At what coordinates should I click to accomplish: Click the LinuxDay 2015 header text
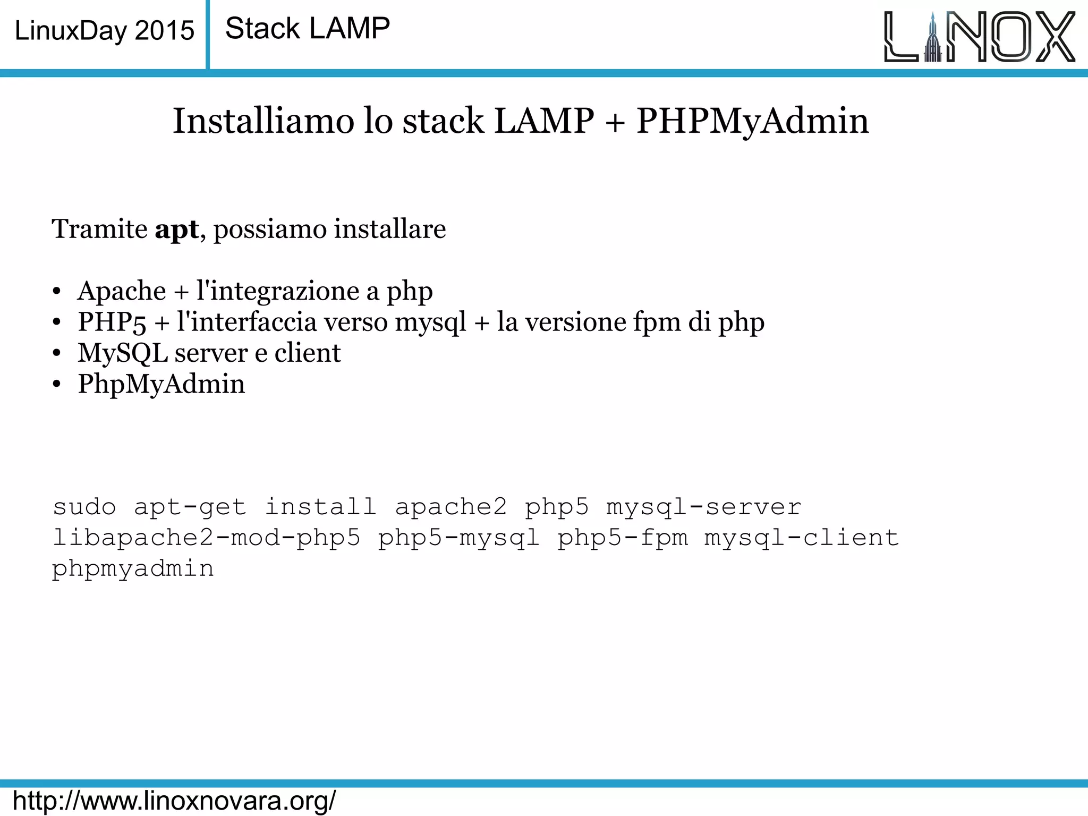pyautogui.click(x=104, y=31)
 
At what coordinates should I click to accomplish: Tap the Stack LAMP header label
pyautogui.click(x=308, y=29)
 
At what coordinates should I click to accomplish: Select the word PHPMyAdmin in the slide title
pyautogui.click(x=752, y=121)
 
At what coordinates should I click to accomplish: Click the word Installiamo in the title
pyautogui.click(x=263, y=121)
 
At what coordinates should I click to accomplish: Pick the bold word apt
pyautogui.click(x=176, y=229)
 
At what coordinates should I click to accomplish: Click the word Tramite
pyautogui.click(x=99, y=229)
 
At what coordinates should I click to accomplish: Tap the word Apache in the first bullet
pyautogui.click(x=122, y=291)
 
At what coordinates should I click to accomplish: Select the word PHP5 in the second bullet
pyautogui.click(x=112, y=322)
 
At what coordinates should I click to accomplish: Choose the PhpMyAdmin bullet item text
pyautogui.click(x=161, y=384)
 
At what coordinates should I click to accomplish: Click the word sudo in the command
pyautogui.click(x=84, y=507)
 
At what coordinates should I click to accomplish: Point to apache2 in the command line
pyautogui.click(x=451, y=507)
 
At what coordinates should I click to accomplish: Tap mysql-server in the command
pyautogui.click(x=703, y=507)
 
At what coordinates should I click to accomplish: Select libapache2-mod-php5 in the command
pyautogui.click(x=206, y=538)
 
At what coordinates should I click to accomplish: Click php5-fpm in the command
pyautogui.click(x=623, y=538)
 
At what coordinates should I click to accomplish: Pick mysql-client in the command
pyautogui.click(x=802, y=538)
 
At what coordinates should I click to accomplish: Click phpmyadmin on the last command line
pyautogui.click(x=133, y=568)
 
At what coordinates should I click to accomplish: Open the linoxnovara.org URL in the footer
pyautogui.click(x=174, y=801)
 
